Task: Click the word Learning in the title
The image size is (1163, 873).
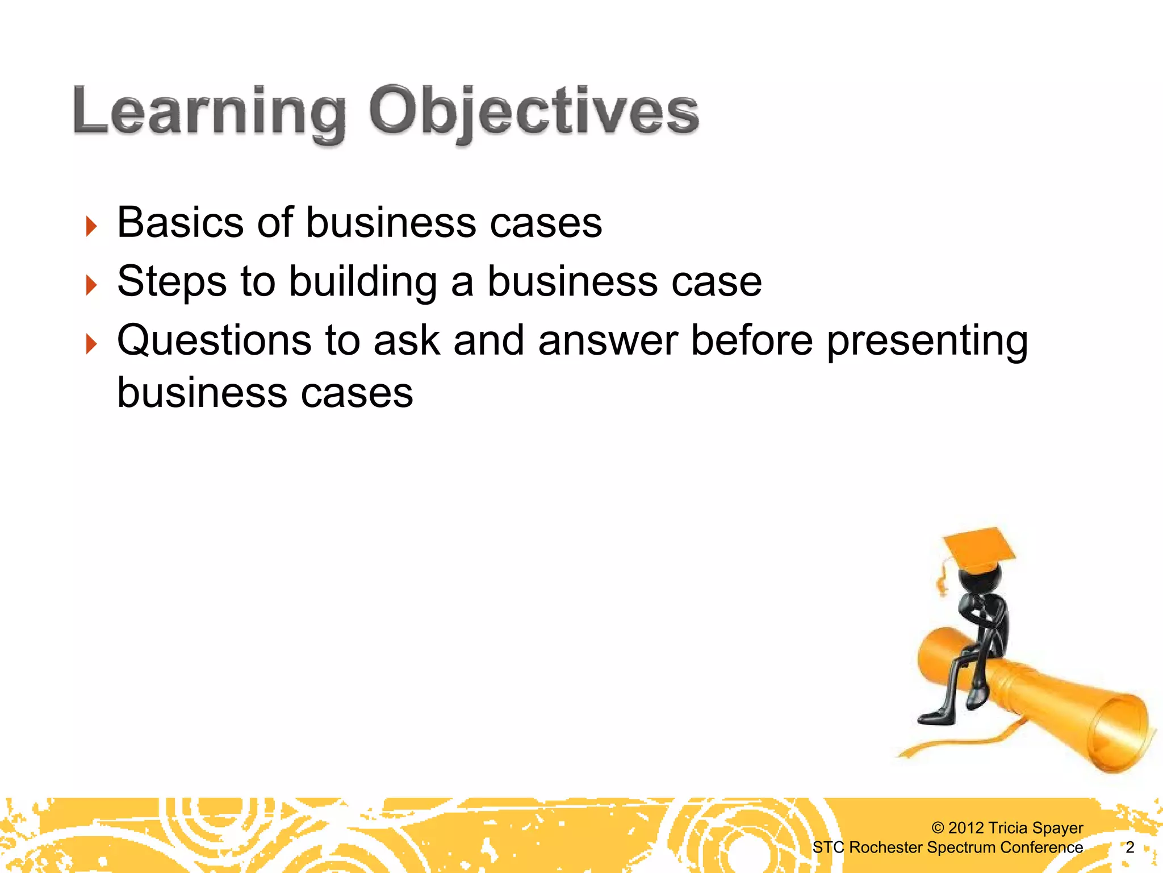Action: tap(209, 111)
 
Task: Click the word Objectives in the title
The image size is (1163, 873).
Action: tap(534, 111)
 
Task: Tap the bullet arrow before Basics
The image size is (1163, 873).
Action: tap(91, 226)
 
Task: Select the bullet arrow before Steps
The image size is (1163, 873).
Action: tap(91, 285)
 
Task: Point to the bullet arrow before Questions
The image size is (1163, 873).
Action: tap(91, 344)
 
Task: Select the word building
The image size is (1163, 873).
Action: tap(363, 282)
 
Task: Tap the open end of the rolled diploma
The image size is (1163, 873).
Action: tap(1120, 733)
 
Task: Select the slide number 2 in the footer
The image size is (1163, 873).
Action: tap(1129, 847)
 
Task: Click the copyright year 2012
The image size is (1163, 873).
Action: tap(966, 828)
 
